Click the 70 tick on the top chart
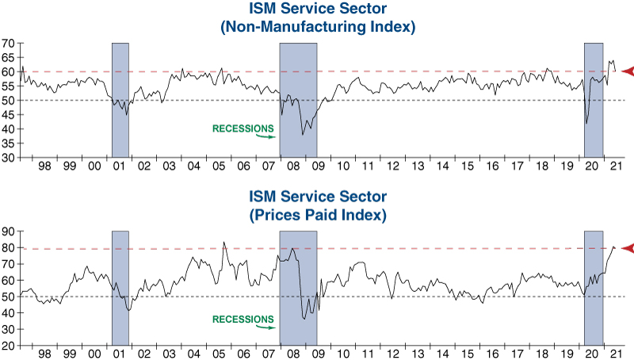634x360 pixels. click(9, 43)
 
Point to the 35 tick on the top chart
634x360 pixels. click(9, 143)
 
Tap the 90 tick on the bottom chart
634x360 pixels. click(9, 231)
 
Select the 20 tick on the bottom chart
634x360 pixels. click(9, 346)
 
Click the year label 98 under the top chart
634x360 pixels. click(45, 167)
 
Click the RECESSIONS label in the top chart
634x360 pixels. click(243, 127)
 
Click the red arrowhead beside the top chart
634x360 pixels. click(627, 71)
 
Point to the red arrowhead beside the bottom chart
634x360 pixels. click(627, 249)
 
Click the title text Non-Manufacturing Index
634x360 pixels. click(317, 27)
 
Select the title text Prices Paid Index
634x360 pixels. click(317, 215)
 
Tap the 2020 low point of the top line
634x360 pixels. click(586, 123)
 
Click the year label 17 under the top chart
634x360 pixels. click(518, 167)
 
